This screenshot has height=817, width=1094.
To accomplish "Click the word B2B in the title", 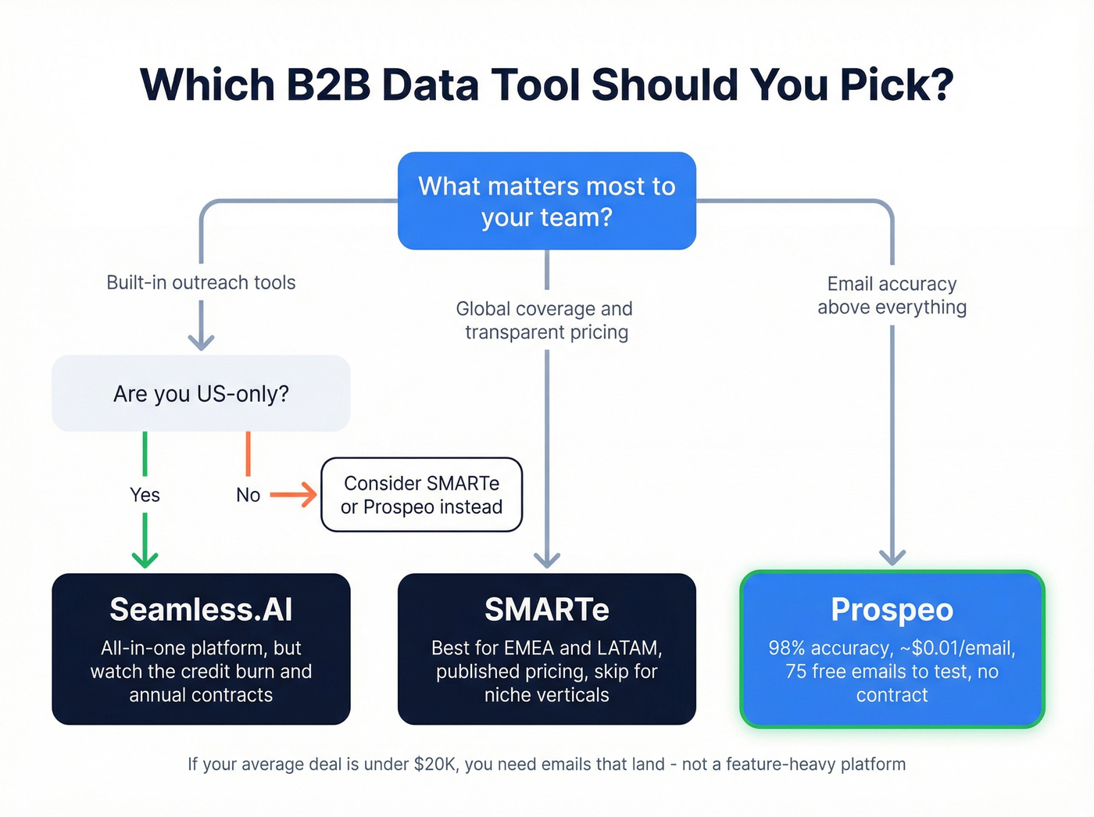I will pos(328,84).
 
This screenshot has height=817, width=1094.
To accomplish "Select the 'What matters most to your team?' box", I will pos(546,201).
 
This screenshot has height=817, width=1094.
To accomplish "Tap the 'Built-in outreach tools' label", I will pos(201,282).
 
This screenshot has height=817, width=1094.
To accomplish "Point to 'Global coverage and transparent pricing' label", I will pos(545,321).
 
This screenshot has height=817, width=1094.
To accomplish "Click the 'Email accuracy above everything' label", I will pos(892,296).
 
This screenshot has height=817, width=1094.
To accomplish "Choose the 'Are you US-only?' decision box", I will pos(201,393).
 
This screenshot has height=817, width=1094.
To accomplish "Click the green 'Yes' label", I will pos(145,495).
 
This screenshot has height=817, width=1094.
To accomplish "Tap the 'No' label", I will pos(248,495).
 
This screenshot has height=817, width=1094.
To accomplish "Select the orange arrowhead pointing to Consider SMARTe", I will pos(309,495).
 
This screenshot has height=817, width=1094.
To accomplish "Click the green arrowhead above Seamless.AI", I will pos(145,558).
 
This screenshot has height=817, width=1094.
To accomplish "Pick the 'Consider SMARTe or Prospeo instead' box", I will pos(421,495).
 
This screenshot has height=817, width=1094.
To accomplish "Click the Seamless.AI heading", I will pos(201,610).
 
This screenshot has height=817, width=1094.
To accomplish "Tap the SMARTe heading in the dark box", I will pos(546,610).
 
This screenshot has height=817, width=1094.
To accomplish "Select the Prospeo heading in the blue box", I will pos(892,610).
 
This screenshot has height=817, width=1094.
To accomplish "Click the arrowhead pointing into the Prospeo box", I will pos(892,556).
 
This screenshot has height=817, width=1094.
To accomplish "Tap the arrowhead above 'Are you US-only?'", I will pos(201,341).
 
